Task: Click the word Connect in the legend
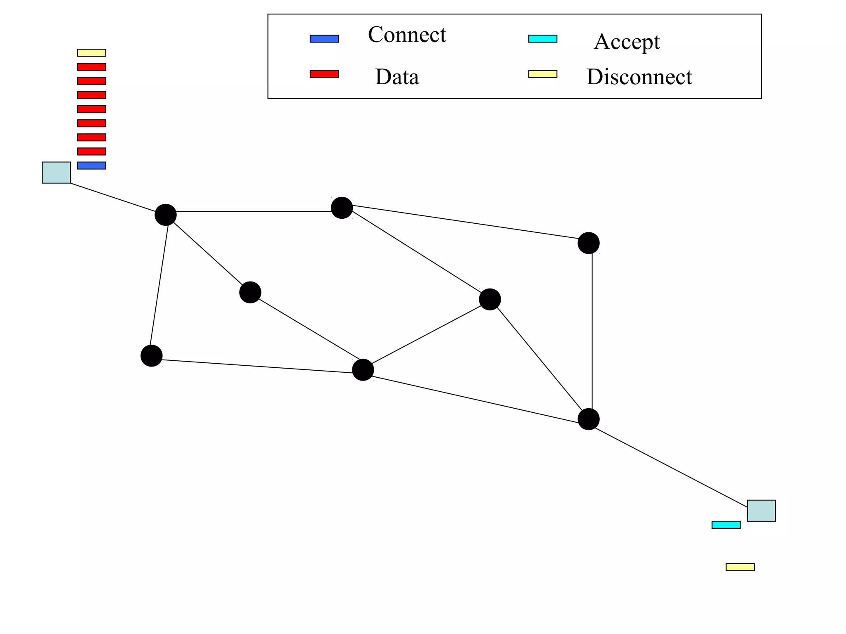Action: coord(407,35)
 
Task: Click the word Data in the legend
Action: coord(397,77)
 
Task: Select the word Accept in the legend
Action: coord(627,42)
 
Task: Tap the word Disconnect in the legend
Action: coord(639,77)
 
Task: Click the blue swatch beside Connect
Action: coord(324,39)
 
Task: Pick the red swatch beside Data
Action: coord(324,74)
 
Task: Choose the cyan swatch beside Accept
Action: coord(543,39)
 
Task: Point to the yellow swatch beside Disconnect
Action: coord(543,74)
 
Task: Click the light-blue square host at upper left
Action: coord(56,173)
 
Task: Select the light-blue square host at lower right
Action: coord(761,511)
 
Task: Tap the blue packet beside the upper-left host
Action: coord(92,166)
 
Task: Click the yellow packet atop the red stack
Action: coord(92,53)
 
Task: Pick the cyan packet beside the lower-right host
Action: coord(726,525)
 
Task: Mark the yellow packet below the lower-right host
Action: coord(740,567)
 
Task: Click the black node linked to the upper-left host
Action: coord(166,215)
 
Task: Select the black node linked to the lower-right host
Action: coord(588,419)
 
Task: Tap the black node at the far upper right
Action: coord(588,243)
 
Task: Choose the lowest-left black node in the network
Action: coord(152,356)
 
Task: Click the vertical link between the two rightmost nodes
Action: coord(592,330)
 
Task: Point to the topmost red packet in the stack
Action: coord(92,67)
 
